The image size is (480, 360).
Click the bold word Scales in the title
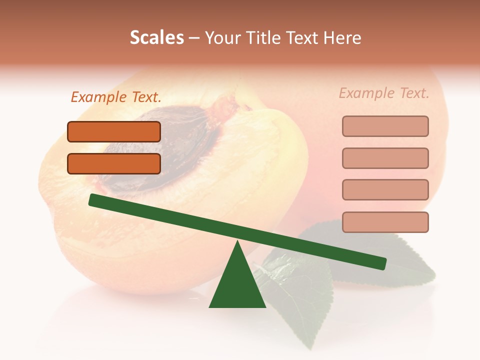pos(156,38)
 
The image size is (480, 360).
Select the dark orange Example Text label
pos(116,97)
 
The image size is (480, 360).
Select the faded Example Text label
pos(384,93)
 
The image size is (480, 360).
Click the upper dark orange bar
pos(114,131)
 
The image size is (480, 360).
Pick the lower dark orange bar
pos(114,163)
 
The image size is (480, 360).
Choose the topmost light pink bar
pos(385,126)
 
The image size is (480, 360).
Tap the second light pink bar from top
pos(385,158)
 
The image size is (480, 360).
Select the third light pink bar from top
pos(385,190)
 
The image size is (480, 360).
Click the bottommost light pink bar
pos(385,222)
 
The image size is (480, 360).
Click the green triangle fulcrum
pos(237,285)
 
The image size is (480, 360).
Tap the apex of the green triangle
pos(237,242)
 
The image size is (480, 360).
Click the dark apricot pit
pos(150,150)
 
